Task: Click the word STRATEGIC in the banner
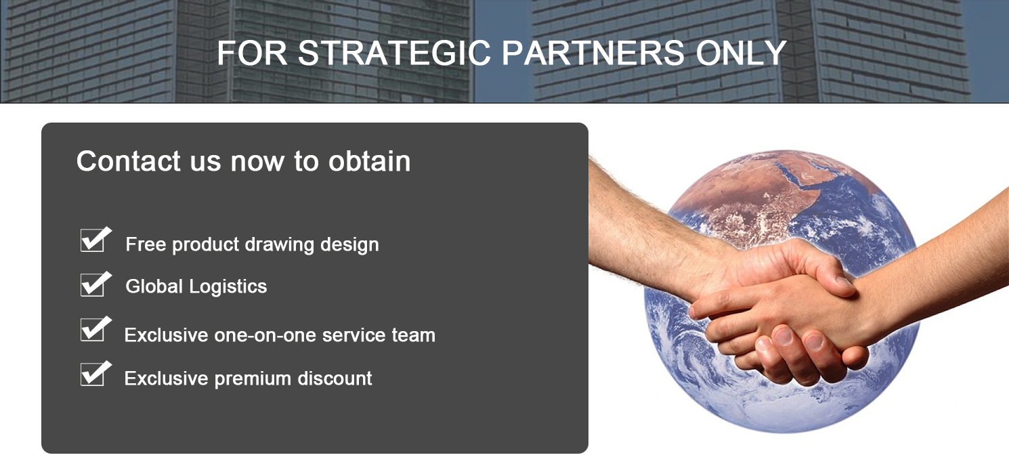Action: [x=394, y=53]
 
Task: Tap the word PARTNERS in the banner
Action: [x=593, y=53]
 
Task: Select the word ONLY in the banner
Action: [x=742, y=53]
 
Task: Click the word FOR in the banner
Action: [x=252, y=53]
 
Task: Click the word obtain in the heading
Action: [x=369, y=161]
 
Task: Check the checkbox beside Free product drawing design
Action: [x=93, y=240]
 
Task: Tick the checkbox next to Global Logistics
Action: [x=93, y=285]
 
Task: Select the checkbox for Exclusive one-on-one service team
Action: [x=93, y=329]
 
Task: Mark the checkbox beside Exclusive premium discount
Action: [x=93, y=374]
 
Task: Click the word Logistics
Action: [x=228, y=287]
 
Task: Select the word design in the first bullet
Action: [x=349, y=244]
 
